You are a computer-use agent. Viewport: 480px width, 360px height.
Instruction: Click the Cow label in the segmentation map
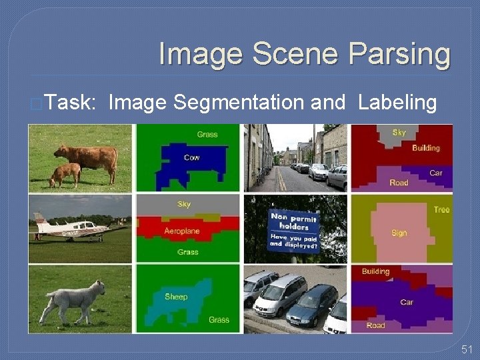[x=191, y=158]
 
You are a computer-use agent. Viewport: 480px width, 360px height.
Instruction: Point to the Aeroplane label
[x=181, y=231]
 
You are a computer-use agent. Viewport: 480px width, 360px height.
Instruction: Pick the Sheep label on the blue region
[x=176, y=296]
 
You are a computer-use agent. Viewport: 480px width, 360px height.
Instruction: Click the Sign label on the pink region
[x=399, y=233]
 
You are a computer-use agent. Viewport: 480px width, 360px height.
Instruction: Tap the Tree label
[x=441, y=209]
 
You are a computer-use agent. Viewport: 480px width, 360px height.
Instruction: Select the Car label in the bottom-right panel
[x=407, y=302]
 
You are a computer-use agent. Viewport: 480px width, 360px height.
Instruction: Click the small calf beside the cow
[x=65, y=174]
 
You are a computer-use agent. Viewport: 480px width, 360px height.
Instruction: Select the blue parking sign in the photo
[x=294, y=230]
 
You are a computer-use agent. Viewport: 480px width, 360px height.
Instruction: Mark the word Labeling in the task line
[x=397, y=103]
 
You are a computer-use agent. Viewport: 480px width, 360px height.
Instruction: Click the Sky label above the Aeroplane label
[x=184, y=204]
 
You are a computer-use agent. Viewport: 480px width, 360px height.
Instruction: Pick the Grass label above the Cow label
[x=207, y=134]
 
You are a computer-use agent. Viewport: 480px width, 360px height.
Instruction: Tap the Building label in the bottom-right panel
[x=375, y=271]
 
